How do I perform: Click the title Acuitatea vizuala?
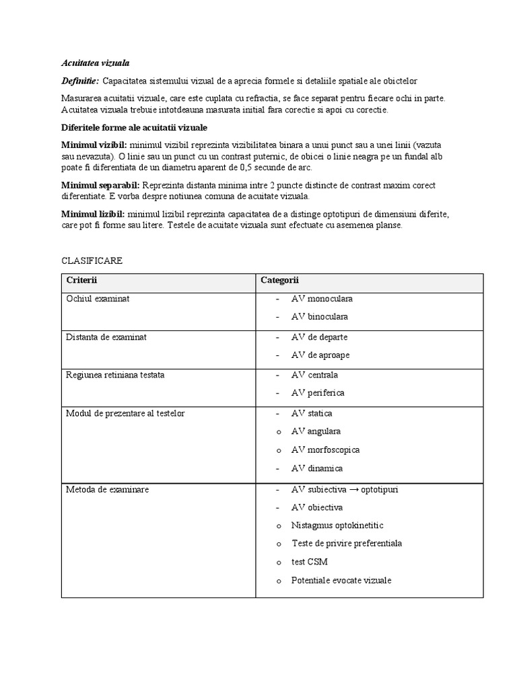point(91,63)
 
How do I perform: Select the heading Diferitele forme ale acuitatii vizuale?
point(135,127)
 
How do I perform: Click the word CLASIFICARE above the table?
point(92,260)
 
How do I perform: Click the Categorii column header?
point(280,280)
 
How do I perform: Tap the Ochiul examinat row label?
point(98,299)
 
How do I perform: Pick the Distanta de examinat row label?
point(106,337)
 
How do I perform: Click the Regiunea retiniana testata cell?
point(115,375)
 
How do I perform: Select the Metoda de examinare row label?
point(107,489)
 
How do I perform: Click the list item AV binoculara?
point(320,317)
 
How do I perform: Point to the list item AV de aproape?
point(320,355)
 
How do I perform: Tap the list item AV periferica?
point(318,393)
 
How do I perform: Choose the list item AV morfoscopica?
point(325,449)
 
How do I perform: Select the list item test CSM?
point(310,562)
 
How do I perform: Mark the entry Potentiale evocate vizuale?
point(341,580)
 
